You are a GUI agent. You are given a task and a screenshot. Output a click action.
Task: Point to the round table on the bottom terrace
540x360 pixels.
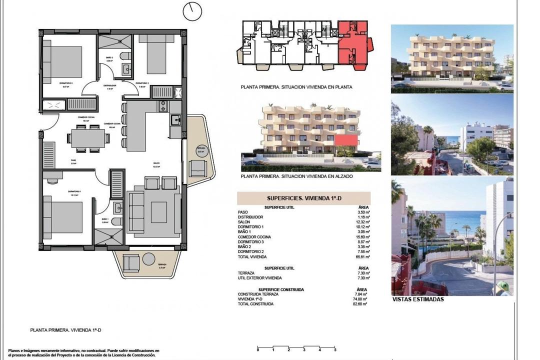tap(149, 259)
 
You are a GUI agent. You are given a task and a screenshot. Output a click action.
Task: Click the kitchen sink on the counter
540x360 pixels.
tap(175, 119)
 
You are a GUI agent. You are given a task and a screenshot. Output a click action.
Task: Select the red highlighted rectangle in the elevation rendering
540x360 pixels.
tap(347, 140)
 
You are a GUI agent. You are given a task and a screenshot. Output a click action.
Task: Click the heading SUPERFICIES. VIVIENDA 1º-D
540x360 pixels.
tap(303, 198)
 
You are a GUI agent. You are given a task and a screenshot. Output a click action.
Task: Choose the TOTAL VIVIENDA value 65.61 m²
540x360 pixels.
tap(362, 256)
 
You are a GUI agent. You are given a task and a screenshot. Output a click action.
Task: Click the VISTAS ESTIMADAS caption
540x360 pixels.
tap(418, 299)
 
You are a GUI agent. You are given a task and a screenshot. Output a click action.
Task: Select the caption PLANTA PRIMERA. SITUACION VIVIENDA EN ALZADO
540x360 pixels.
tap(296, 176)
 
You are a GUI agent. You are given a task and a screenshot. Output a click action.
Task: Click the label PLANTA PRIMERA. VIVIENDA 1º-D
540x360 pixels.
tap(65, 330)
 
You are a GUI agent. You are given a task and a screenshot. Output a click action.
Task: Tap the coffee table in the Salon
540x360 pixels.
tap(159, 211)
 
